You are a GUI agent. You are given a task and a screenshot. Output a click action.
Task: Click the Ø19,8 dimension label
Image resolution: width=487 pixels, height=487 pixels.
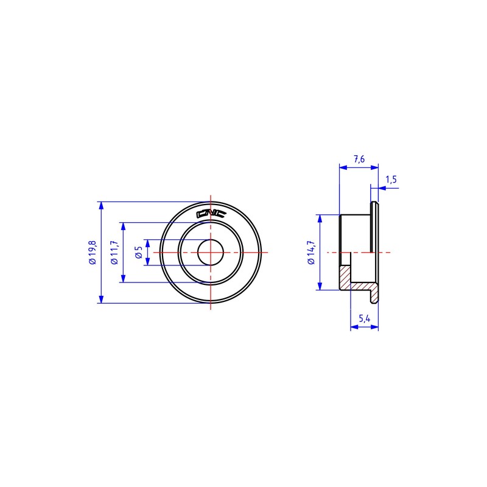(93, 253)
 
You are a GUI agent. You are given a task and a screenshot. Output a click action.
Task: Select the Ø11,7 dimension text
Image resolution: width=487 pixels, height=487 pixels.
(114, 253)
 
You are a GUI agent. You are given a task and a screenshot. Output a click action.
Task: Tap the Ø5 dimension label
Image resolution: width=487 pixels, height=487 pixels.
(139, 253)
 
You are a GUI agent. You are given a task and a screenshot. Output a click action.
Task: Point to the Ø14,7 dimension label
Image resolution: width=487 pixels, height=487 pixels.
(311, 253)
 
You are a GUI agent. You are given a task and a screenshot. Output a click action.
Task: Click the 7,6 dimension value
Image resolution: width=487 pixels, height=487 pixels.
(359, 159)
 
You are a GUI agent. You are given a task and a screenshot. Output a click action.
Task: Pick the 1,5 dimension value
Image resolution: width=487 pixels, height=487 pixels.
(391, 180)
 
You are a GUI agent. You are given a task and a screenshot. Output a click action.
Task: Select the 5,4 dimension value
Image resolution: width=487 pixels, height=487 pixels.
(364, 318)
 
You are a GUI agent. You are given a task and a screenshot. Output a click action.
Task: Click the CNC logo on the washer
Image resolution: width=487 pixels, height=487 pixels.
(211, 214)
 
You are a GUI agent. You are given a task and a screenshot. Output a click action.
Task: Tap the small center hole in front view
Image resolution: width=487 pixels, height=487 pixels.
(211, 253)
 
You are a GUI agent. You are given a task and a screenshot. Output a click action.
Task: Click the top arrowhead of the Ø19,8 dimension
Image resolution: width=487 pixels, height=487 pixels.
(100, 205)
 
